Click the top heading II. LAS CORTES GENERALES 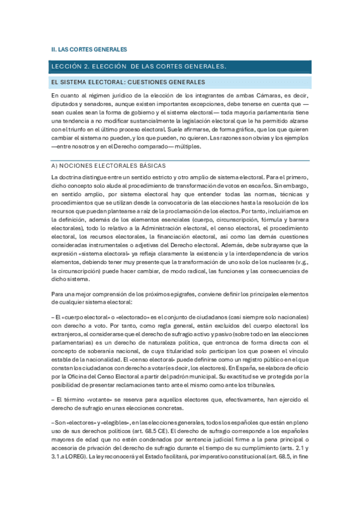point(89,49)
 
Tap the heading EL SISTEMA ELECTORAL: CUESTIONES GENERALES point(128,82)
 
